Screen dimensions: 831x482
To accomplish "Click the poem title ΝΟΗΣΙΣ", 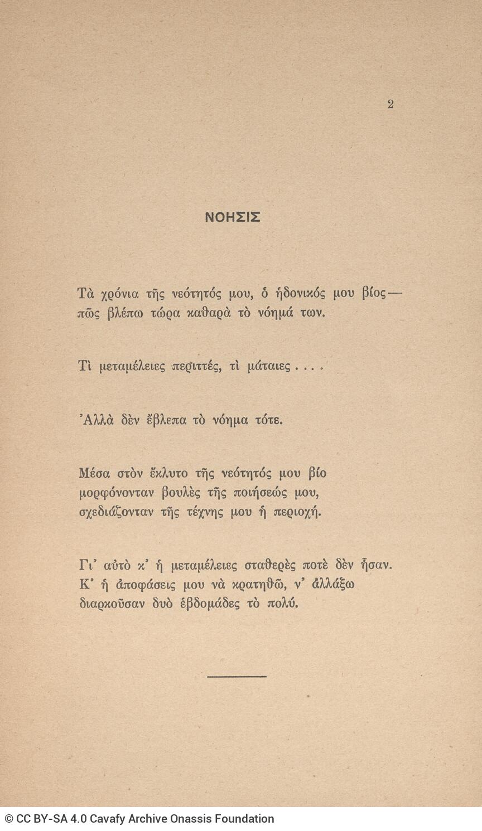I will [233, 217].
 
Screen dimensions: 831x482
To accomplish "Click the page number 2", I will [391, 104].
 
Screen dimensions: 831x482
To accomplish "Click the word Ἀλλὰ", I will [97, 420].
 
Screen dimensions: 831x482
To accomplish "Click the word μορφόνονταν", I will [116, 493].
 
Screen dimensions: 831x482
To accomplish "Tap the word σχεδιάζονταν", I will [116, 512].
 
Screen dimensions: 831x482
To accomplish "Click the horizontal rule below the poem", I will [237, 677].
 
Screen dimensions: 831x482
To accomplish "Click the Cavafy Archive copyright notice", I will [139, 819].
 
